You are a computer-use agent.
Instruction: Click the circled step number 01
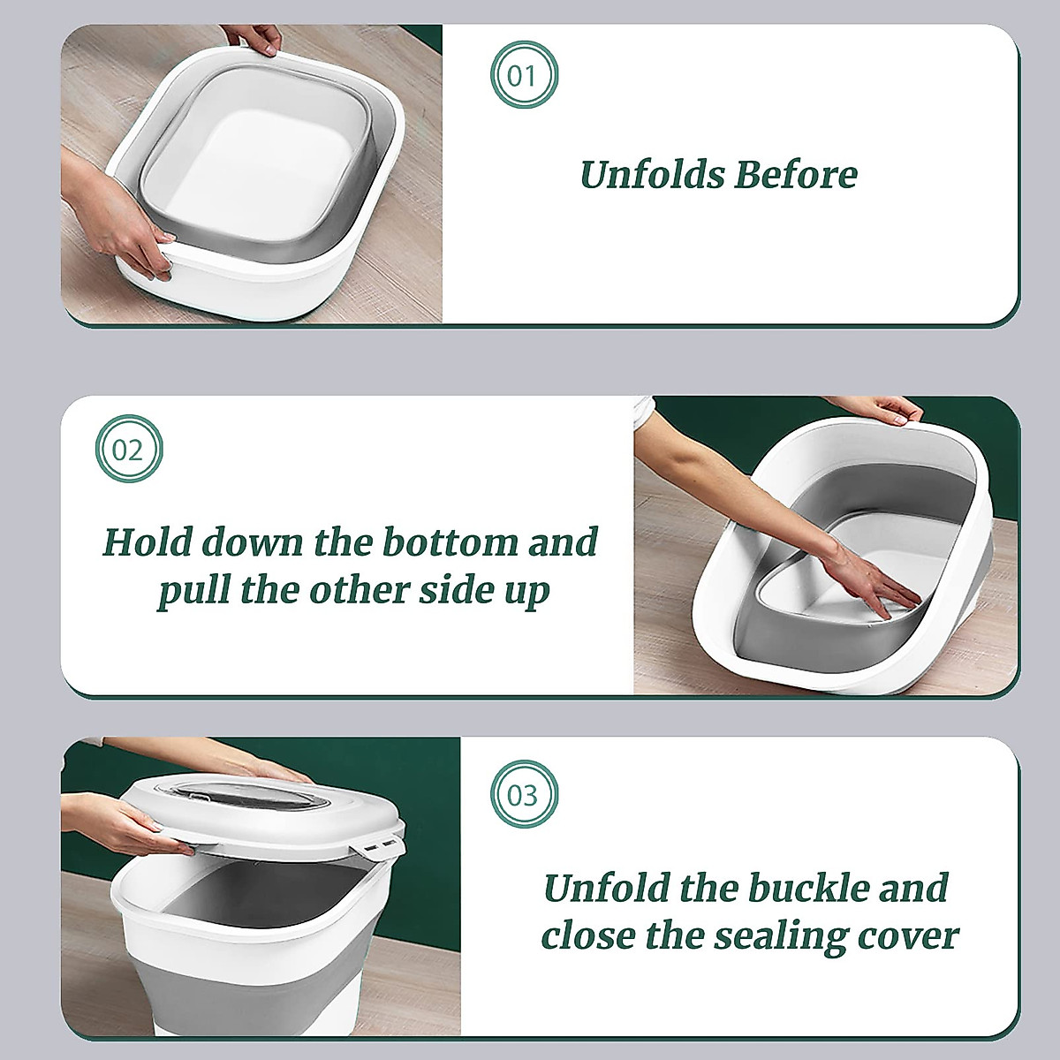(523, 75)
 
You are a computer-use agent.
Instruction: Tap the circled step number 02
(129, 450)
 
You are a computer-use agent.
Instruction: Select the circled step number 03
(523, 795)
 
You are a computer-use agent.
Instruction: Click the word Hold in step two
(147, 542)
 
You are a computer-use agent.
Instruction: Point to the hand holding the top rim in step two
(879, 409)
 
